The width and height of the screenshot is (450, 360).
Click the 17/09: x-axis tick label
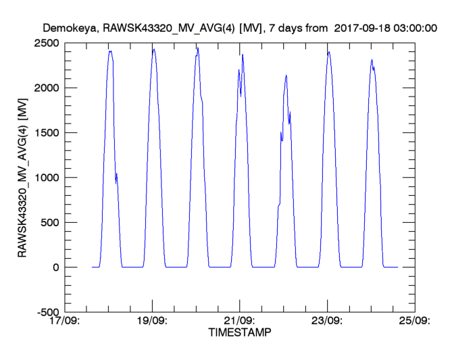pyautogui.click(x=66, y=322)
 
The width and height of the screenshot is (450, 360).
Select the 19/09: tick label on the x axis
pyautogui.click(x=153, y=322)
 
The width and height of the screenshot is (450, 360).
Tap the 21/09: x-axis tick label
pyautogui.click(x=239, y=322)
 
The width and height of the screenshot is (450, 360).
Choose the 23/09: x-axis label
pyautogui.click(x=327, y=322)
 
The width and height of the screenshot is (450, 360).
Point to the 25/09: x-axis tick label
pyautogui.click(x=414, y=322)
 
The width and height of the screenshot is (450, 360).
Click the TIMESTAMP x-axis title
pyautogui.click(x=239, y=333)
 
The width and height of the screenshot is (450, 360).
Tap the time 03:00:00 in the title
pyautogui.click(x=413, y=28)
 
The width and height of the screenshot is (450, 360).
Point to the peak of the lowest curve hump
pyautogui.click(x=286, y=75)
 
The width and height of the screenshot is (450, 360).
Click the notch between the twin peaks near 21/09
pyautogui.click(x=241, y=95)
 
